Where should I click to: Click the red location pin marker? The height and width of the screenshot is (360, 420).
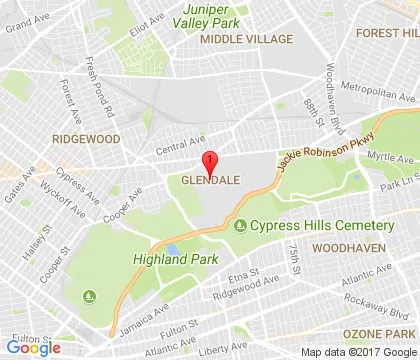[x=209, y=162]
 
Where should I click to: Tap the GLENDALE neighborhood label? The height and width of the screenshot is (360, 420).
[x=209, y=181]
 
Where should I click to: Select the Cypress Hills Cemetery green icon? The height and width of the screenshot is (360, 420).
[x=240, y=224]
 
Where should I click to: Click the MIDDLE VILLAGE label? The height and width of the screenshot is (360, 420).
[x=244, y=38]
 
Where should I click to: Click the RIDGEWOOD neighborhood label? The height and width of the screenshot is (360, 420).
[x=87, y=139]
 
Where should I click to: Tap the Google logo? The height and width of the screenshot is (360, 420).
[x=34, y=348]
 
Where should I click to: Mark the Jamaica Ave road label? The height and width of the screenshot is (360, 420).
[x=134, y=322]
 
